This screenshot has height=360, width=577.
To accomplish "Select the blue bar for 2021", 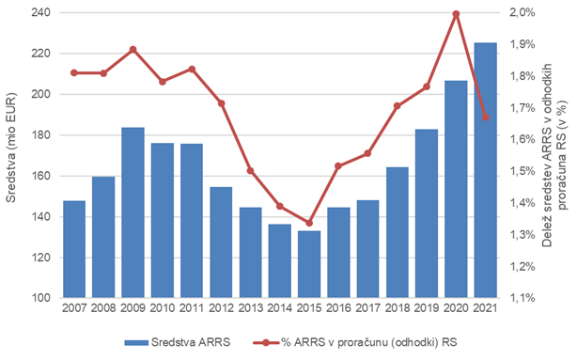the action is click(485, 170).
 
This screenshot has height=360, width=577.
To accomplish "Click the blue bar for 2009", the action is click(133, 212).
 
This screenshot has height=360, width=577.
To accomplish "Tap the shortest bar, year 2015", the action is click(309, 264).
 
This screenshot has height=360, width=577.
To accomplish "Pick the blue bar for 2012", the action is click(221, 243).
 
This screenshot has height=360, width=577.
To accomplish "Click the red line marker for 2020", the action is click(457, 14).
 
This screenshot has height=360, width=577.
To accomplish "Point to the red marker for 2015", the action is click(309, 223).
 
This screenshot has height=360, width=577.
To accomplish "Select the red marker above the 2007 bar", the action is click(74, 73).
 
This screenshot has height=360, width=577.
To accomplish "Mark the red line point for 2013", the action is click(250, 171).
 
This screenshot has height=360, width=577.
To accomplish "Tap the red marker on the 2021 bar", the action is click(486, 117).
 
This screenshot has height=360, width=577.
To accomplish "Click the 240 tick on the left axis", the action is click(40, 13).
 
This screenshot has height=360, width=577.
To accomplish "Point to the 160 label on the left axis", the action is click(40, 176).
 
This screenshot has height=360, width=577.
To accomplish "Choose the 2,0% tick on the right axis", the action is click(522, 13).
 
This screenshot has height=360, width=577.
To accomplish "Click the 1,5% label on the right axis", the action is click(522, 171).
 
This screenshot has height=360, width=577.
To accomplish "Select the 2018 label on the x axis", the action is click(398, 307).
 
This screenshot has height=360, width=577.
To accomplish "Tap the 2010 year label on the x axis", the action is click(163, 307).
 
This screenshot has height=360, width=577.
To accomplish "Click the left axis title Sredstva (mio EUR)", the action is click(11, 148).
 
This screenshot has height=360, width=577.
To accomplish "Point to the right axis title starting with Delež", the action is click(555, 155).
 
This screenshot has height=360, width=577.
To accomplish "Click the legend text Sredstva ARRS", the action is click(191, 342).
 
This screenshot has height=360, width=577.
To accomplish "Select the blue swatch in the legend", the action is click(136, 343).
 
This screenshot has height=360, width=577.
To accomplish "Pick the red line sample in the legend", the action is click(266, 343).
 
